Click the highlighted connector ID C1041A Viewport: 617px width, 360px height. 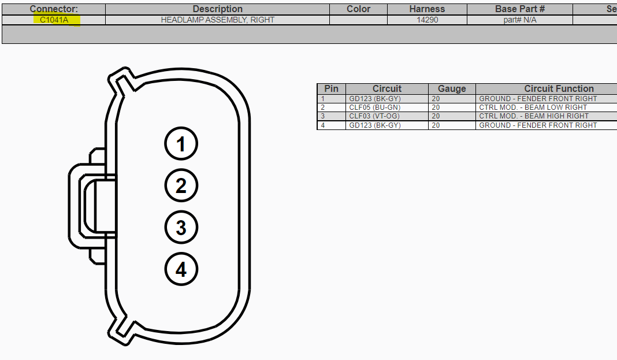[54, 20]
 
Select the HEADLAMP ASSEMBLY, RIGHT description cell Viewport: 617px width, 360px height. [218, 20]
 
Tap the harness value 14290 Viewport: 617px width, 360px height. [428, 20]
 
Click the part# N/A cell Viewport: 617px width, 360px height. [520, 20]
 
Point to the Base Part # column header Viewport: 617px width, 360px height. [520, 9]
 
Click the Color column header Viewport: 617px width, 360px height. [359, 9]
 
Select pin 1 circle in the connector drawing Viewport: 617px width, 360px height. [181, 144]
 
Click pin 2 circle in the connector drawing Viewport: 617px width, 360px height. [181, 185]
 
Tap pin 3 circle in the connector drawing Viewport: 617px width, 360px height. [181, 228]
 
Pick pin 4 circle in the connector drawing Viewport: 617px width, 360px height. [181, 269]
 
